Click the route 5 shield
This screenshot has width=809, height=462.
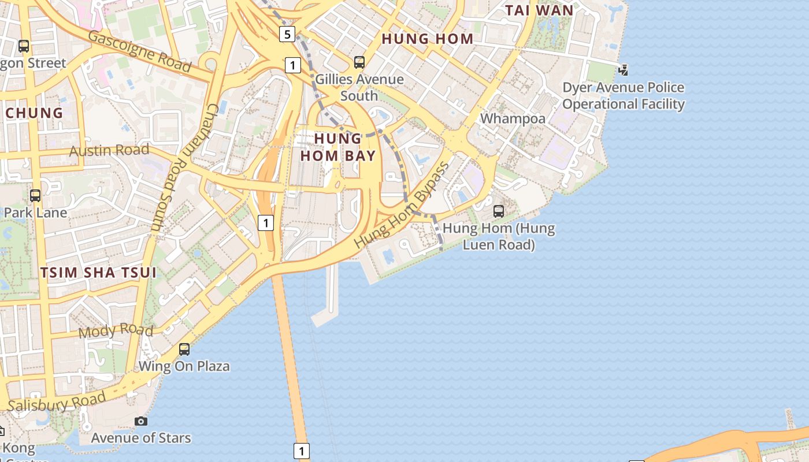point(287,34)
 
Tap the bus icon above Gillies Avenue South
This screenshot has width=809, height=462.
point(359,62)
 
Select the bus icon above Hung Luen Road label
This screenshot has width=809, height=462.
point(499,211)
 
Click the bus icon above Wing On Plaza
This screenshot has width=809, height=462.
point(184,349)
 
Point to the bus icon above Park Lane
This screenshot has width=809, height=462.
point(35,196)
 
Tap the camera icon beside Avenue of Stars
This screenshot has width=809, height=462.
point(141,422)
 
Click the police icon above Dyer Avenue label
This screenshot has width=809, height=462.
point(623,70)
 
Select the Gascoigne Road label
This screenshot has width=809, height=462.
point(139,51)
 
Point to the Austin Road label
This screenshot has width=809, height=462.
point(109,151)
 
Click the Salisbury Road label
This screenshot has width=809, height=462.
point(57,403)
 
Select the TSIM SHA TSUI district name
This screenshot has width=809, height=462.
point(98,273)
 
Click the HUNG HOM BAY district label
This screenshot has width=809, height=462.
point(338,147)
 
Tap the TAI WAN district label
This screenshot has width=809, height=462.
point(539,10)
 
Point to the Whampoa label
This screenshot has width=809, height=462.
point(513,119)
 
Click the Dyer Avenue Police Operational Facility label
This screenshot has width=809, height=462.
point(624,96)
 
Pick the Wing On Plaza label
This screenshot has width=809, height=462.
point(184,366)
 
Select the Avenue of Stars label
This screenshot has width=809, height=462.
point(141,438)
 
